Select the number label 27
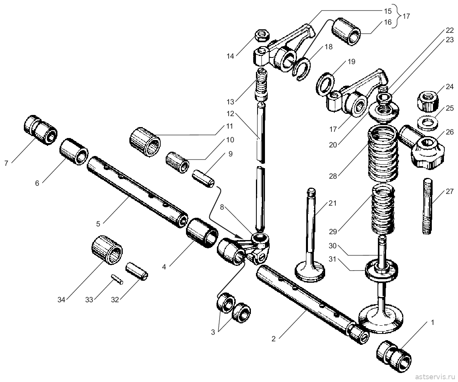449,192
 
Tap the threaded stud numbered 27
428,206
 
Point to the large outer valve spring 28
383,153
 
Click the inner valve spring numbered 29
385,209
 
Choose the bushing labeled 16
346,31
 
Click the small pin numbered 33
117,280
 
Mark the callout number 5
98,224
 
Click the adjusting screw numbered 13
262,84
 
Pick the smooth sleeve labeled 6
74,151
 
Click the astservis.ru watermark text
435,376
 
